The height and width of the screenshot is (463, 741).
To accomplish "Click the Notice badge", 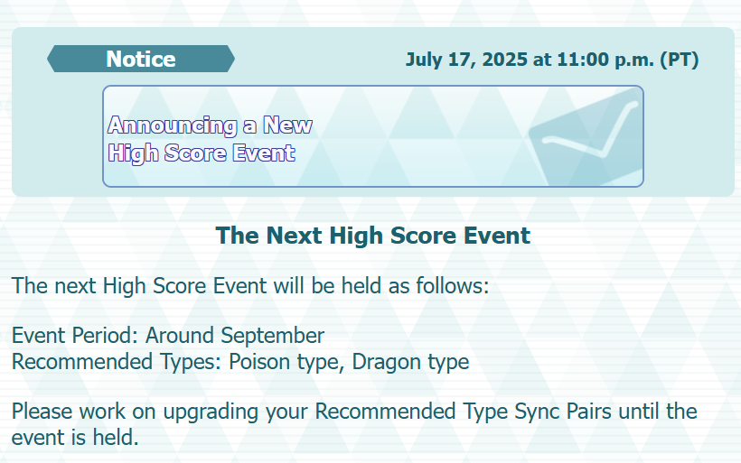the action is [141, 59].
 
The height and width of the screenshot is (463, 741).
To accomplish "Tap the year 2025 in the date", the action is [505, 60].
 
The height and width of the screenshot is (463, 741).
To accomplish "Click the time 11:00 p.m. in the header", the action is [605, 60].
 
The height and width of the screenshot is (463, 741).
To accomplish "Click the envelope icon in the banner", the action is [586, 137].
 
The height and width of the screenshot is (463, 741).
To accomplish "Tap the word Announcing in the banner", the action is [173, 125].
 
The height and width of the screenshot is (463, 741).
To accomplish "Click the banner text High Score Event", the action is [202, 153].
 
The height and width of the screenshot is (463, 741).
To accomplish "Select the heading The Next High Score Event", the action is [373, 235].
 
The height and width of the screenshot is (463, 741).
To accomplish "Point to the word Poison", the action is [260, 362].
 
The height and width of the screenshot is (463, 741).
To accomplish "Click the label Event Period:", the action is [75, 336].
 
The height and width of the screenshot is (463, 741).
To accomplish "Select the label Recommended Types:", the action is [117, 362].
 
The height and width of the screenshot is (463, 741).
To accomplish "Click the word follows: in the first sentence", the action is [452, 285].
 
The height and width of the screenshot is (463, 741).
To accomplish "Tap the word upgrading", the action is [211, 412].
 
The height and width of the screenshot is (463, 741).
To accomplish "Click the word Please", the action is [42, 412].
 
